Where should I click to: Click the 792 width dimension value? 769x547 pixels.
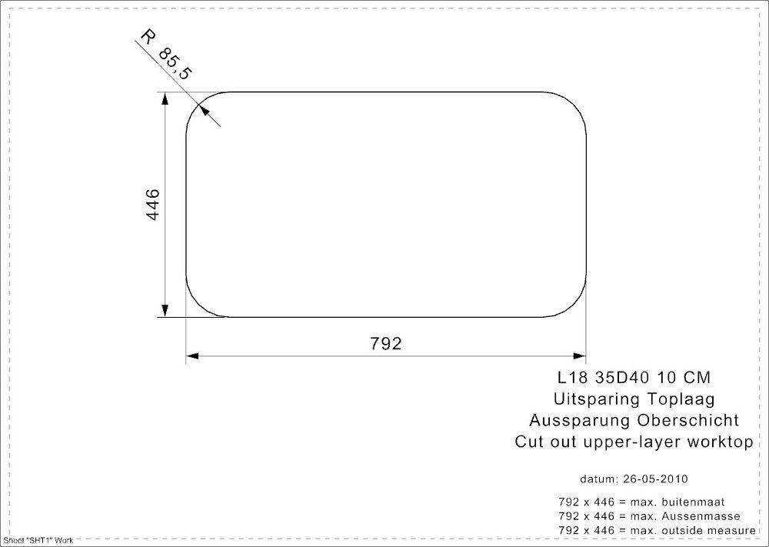pos(386,343)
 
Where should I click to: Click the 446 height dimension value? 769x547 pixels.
pos(153,205)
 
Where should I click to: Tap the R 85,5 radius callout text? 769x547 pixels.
pos(167,55)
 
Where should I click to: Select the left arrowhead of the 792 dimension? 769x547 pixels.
pos(192,356)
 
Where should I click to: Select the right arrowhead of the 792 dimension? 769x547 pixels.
pos(580,356)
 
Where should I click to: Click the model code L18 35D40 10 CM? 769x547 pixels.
pos(634,377)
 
